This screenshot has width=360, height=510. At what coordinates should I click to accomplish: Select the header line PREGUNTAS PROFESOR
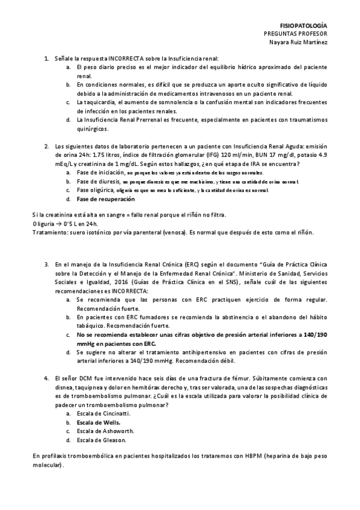coord(299,34)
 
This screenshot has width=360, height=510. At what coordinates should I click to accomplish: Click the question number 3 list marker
coord(46,263)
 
